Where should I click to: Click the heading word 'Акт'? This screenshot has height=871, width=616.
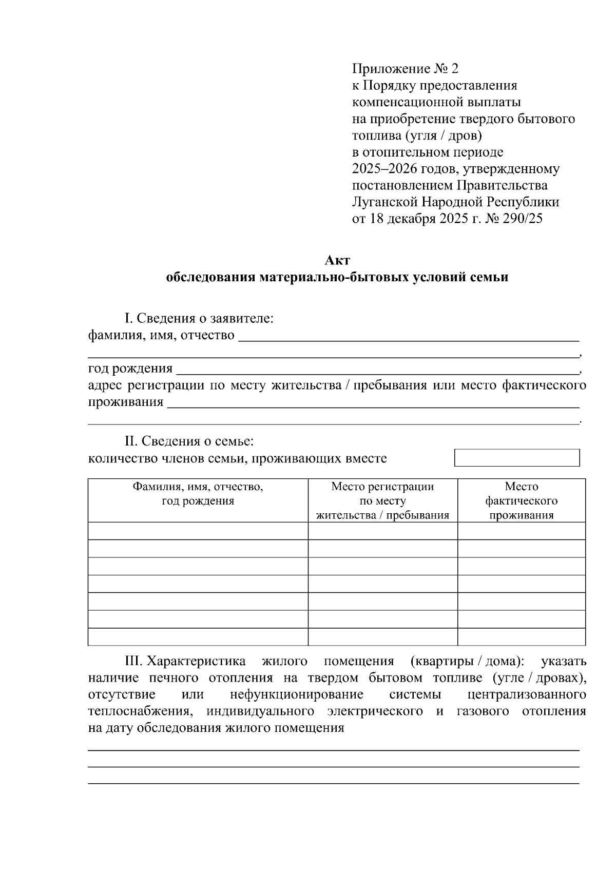(337, 260)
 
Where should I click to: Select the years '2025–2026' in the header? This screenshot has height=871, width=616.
(384, 169)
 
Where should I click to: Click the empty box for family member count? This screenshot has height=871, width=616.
(517, 458)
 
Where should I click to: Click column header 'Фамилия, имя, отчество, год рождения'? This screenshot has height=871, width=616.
(198, 494)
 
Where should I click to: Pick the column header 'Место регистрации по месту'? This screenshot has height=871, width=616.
(382, 494)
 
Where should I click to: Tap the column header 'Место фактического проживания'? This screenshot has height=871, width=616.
(521, 500)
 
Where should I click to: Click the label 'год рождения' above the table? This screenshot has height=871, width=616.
(130, 369)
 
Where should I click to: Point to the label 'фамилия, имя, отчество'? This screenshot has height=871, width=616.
(161, 336)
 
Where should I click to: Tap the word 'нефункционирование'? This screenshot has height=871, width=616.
(297, 694)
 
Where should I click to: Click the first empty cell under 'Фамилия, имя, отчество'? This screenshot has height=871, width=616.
(198, 531)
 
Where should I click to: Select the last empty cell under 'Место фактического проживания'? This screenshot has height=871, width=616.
(521, 636)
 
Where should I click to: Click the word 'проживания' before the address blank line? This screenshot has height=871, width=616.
(126, 402)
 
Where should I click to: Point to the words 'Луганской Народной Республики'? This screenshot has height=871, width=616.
(455, 202)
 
